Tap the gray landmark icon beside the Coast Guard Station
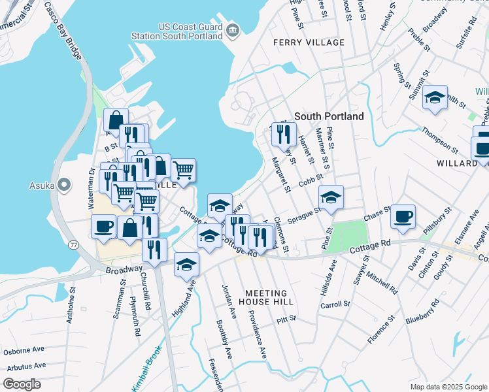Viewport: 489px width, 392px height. tap(232, 30)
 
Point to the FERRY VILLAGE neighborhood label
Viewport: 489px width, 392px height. tap(309, 42)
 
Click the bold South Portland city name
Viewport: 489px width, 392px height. tap(329, 116)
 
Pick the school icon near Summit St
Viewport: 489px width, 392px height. tap(435, 98)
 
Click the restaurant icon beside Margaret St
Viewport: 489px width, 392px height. tap(283, 133)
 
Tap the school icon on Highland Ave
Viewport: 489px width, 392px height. tap(186, 265)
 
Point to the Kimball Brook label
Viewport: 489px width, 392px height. tap(148, 374)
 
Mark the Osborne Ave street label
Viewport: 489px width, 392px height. tap(24, 351)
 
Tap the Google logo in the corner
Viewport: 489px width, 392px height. tap(22, 384)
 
